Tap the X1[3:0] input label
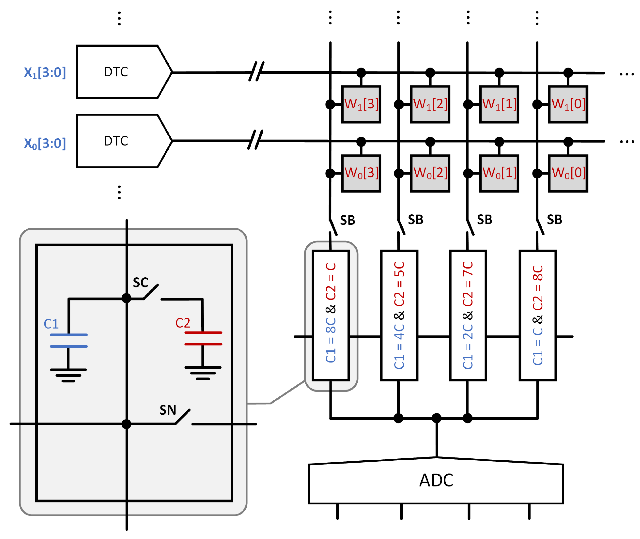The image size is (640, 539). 45,73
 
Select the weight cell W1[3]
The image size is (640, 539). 361,104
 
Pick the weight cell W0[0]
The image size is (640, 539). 568,174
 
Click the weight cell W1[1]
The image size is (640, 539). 499,104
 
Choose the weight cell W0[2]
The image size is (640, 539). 430,174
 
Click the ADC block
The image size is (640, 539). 436,481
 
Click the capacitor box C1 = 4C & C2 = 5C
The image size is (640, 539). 399,316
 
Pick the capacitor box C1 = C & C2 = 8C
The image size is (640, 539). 538,316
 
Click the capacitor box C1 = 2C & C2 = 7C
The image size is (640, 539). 468,316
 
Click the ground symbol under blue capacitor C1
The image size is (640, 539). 68,376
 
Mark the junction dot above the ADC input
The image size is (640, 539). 437,418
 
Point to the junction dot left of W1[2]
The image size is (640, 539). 398,104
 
